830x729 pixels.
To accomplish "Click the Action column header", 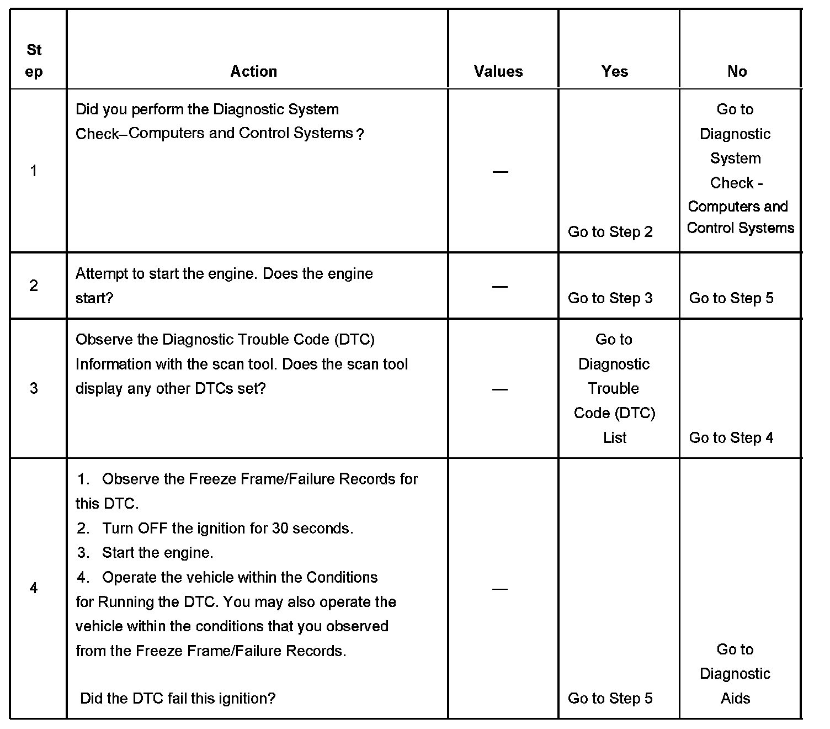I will click(253, 71).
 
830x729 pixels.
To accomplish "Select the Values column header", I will click(498, 71).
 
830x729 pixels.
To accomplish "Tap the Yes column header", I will click(615, 71).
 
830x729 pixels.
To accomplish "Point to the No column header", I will click(737, 71).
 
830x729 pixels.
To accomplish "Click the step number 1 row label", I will click(34, 171).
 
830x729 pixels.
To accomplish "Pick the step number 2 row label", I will click(34, 286).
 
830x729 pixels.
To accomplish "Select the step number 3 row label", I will click(34, 388).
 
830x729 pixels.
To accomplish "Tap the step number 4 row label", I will click(34, 588).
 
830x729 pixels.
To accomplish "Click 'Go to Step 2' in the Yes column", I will click(610, 232).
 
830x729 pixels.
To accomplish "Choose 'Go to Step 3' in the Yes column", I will click(610, 298).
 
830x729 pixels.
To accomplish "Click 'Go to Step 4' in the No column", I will click(731, 438).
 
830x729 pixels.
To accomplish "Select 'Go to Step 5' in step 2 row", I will click(731, 298).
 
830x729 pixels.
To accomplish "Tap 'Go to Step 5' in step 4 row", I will click(610, 699).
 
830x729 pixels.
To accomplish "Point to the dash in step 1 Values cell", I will click(500, 172).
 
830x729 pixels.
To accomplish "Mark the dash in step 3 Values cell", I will click(500, 389).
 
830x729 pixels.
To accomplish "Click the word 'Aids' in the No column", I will click(735, 699).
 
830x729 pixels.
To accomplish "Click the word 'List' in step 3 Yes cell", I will click(614, 438).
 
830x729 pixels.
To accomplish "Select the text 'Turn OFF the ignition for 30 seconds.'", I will click(227, 529).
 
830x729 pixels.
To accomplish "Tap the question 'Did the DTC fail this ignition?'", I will click(178, 699).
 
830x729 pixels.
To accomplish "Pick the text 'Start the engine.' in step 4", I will click(157, 553).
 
